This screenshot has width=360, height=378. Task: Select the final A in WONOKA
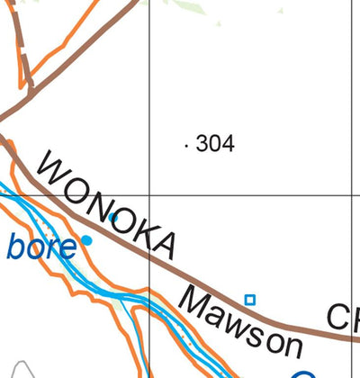coord(163,243)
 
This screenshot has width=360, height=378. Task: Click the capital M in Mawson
coord(197,304)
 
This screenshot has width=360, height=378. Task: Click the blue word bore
coord(40,246)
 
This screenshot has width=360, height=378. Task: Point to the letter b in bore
coord(17,245)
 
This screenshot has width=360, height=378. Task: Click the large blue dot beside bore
coord(87,240)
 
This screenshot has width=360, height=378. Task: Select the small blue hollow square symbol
coord(250,300)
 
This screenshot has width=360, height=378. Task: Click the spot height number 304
coord(214,143)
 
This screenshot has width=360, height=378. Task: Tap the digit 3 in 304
coord(202,143)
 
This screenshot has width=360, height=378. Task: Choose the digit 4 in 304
coord(228,143)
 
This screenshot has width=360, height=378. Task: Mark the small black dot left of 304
coord(186,144)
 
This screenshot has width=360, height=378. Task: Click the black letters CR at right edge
coord(343,318)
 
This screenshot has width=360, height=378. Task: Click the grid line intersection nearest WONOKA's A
coord(149,194)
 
